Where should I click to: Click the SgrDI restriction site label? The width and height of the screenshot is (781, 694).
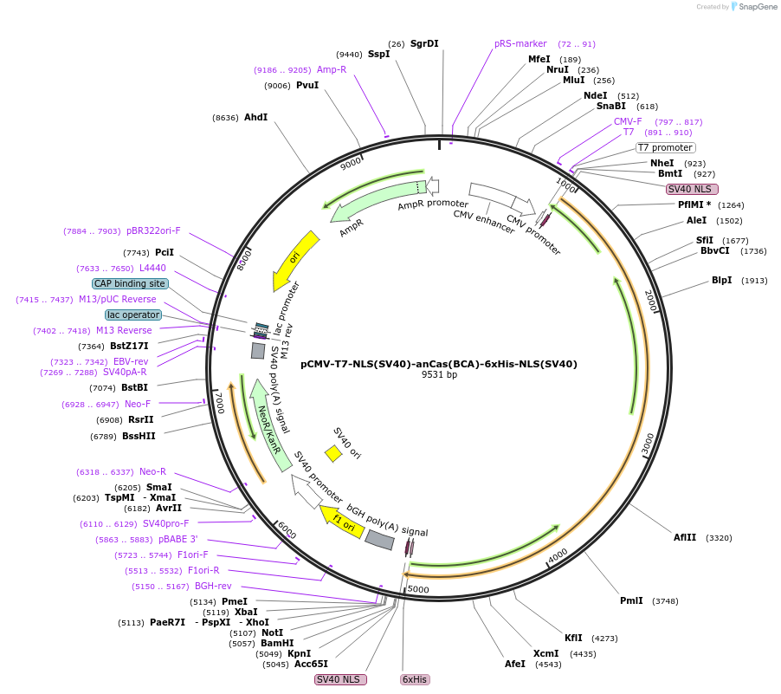pyautogui.click(x=424, y=43)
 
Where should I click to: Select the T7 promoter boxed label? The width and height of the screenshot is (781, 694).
pyautogui.click(x=665, y=147)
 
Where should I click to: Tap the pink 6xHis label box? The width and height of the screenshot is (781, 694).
pyautogui.click(x=415, y=679)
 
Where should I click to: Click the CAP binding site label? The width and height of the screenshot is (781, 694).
pyautogui.click(x=130, y=283)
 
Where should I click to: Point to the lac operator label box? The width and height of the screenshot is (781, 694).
pyautogui.click(x=133, y=315)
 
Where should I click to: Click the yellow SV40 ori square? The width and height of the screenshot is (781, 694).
pyautogui.click(x=333, y=453)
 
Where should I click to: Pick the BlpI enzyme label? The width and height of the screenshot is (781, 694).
pyautogui.click(x=721, y=280)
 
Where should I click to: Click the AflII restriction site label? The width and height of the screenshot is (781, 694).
pyautogui.click(x=685, y=537)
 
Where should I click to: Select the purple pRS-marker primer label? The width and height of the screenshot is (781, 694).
pyautogui.click(x=520, y=43)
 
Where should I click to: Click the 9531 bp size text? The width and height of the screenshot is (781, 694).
pyautogui.click(x=439, y=375)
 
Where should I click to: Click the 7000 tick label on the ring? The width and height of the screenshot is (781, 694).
pyautogui.click(x=220, y=402)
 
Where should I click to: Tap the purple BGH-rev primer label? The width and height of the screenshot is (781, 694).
pyautogui.click(x=213, y=586)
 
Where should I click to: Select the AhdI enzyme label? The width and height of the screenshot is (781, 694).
pyautogui.click(x=255, y=117)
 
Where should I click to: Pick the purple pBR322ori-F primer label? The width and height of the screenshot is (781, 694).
pyautogui.click(x=153, y=230)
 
